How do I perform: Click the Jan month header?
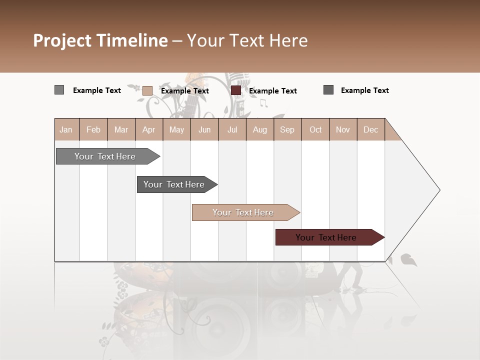[x=66, y=130]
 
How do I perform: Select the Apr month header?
[x=148, y=130]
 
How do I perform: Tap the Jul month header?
[x=232, y=130]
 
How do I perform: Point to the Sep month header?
[x=287, y=130]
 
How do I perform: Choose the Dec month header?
[x=370, y=130]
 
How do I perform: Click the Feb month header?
[x=93, y=130]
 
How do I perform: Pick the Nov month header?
[x=342, y=130]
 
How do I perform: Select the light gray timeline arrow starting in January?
[x=105, y=156]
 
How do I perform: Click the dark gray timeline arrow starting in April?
[x=174, y=184]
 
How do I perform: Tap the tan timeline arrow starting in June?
[x=243, y=212]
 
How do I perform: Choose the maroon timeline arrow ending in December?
[x=326, y=237]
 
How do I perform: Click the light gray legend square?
[x=59, y=90]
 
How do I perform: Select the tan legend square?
[x=147, y=90]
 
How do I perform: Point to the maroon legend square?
[x=236, y=90]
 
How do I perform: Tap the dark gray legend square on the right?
[x=328, y=90]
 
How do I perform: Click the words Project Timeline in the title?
[x=100, y=40]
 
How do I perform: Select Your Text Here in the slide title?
[x=247, y=40]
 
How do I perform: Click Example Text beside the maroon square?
[x=272, y=91]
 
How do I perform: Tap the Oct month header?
[x=315, y=130]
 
